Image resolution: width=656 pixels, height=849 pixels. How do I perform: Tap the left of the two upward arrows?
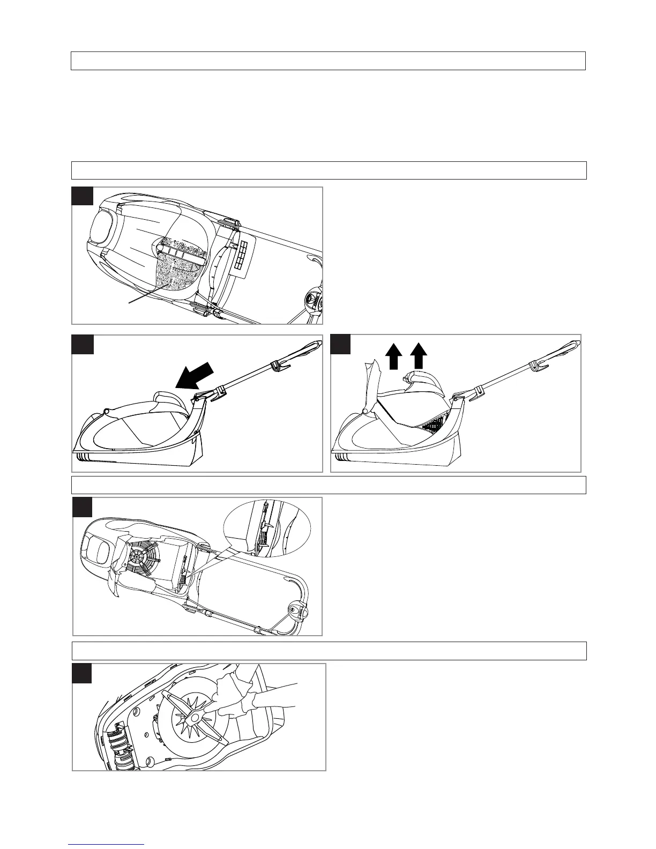coord(394,356)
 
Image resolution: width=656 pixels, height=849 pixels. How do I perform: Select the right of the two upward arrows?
coord(419,356)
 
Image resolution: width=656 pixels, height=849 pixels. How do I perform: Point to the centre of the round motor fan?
coord(138,556)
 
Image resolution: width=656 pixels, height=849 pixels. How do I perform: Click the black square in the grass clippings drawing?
coord(82,196)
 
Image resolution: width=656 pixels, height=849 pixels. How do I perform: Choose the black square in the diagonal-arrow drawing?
coord(83,344)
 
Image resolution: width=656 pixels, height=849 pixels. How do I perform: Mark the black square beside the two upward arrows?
coord(340,344)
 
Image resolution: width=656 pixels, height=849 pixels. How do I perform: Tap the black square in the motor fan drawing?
coord(83,507)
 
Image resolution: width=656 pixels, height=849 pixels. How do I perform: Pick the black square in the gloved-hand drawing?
coord(82,673)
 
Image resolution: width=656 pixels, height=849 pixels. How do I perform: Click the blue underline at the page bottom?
coord(107,845)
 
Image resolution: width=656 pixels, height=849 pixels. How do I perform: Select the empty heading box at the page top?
coord(328,61)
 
